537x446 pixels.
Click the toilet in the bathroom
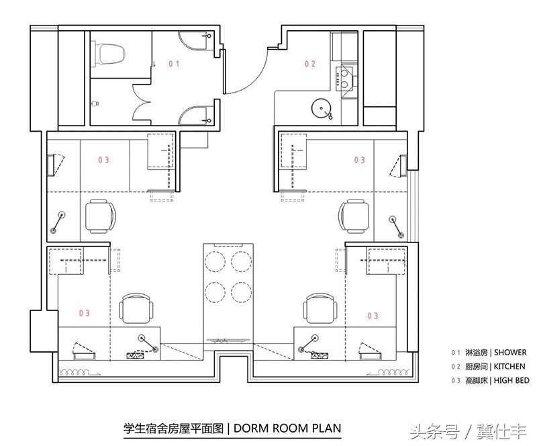click(x=108, y=54)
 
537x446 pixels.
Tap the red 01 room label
click(x=174, y=63)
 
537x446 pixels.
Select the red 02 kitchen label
click(x=310, y=64)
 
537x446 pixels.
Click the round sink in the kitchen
click(x=322, y=108)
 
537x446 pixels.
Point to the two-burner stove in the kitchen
click(x=344, y=78)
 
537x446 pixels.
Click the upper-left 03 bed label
click(x=103, y=160)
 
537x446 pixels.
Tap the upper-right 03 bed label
click(x=360, y=160)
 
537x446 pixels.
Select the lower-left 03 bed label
click(x=85, y=313)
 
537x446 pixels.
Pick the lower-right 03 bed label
click(x=373, y=316)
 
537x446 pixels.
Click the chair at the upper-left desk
click(x=100, y=216)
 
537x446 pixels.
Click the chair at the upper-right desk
click(x=354, y=216)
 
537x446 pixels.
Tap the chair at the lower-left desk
click(x=136, y=308)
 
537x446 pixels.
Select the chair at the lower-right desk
click(x=320, y=308)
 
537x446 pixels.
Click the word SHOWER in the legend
click(x=510, y=353)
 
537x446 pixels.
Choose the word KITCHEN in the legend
click(x=509, y=367)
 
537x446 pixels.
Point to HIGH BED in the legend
click(x=511, y=381)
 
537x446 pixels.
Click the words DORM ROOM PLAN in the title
click(x=287, y=428)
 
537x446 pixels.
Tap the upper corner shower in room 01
click(x=195, y=41)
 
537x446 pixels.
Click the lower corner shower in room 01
click(x=195, y=116)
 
